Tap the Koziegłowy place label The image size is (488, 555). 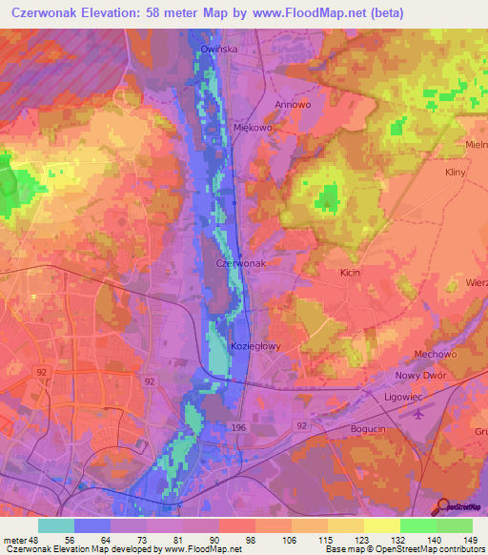pos(255,346)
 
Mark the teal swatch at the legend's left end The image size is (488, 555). pos(55,525)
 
